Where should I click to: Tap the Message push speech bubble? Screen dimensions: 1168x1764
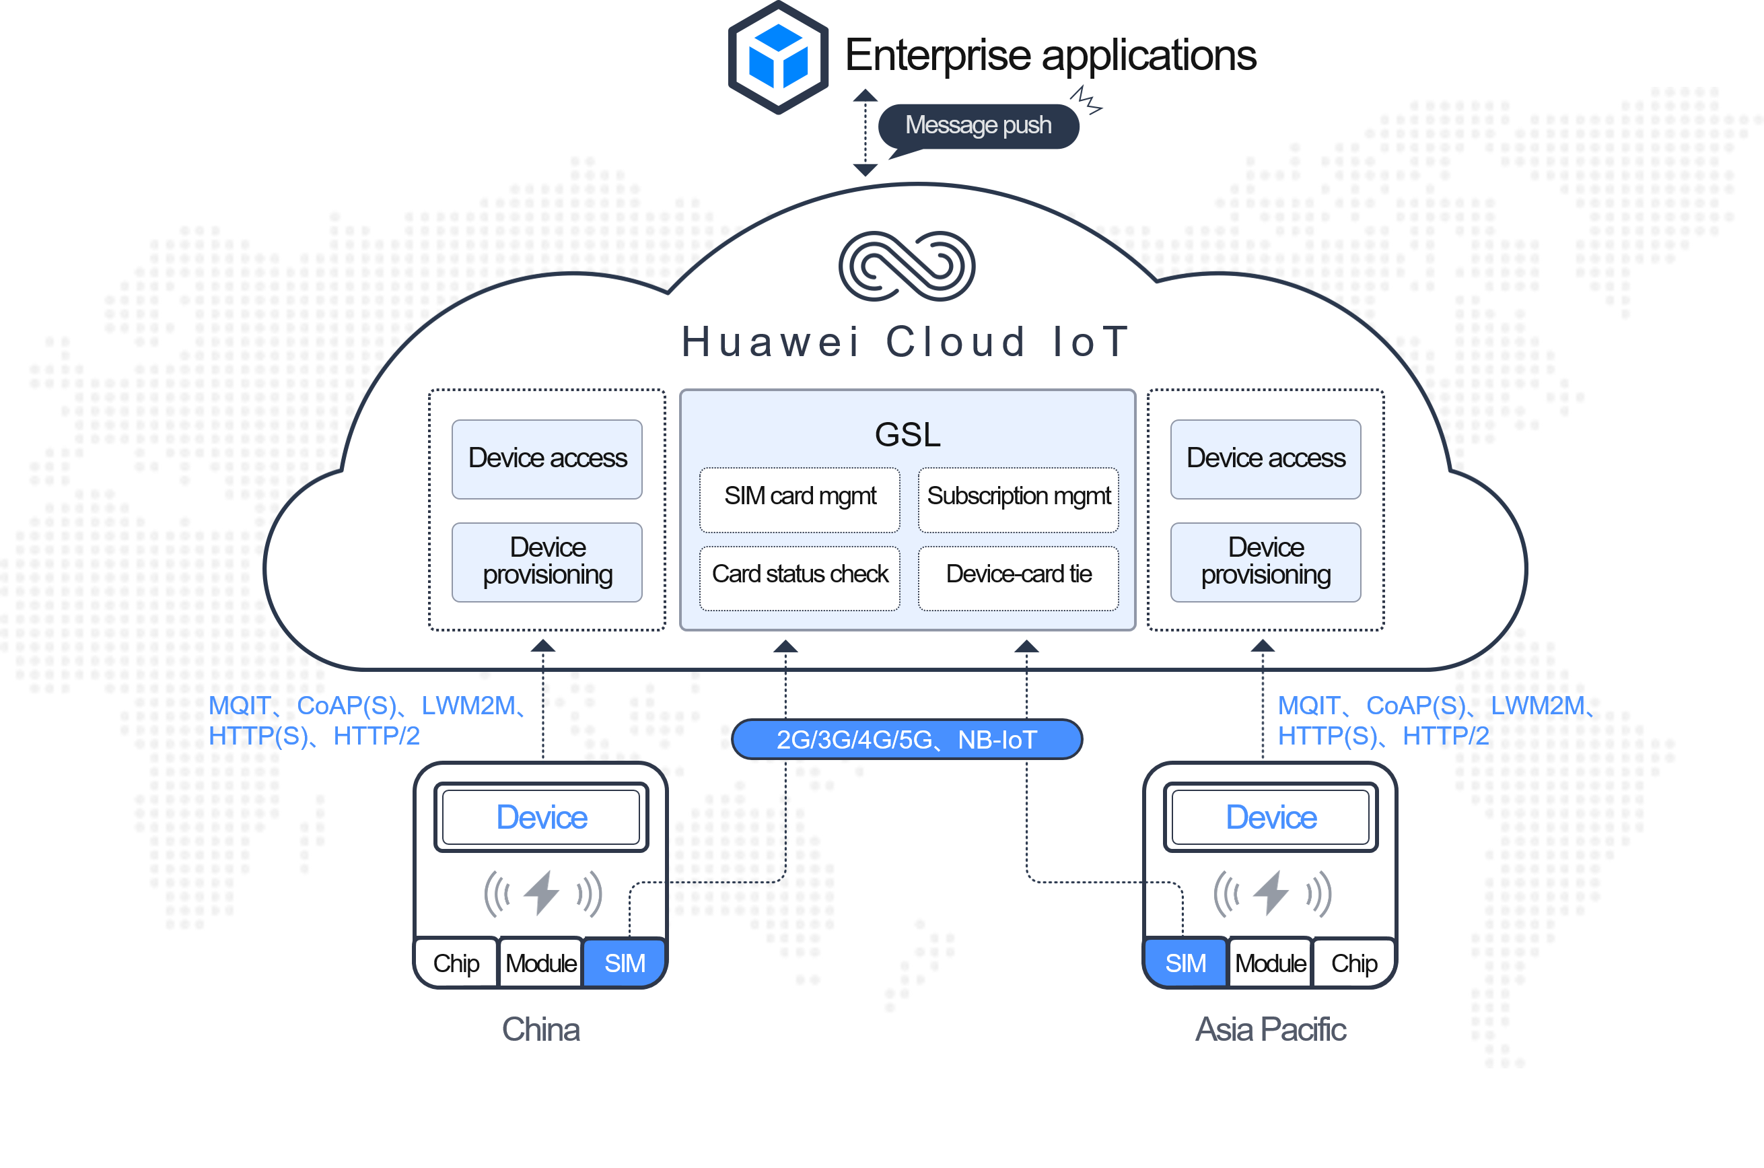979,126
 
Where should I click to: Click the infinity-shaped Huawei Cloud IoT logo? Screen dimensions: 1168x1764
906,266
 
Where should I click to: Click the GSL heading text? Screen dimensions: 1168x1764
907,434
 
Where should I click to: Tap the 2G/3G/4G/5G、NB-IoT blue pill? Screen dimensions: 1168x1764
906,740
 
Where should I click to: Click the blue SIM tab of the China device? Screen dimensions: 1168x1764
624,963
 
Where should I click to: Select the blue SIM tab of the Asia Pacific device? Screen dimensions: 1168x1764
1185,963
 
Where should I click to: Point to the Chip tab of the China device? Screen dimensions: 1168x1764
456,963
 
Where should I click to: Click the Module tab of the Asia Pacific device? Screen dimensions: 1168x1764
1269,963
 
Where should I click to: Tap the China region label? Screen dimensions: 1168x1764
540,1029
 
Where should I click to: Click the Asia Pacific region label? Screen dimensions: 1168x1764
1270,1029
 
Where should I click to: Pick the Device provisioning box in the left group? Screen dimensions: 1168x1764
547,561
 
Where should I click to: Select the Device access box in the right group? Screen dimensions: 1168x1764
1265,459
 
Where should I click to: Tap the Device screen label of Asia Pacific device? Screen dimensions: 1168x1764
1270,817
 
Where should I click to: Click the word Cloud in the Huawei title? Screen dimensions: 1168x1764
955,343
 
